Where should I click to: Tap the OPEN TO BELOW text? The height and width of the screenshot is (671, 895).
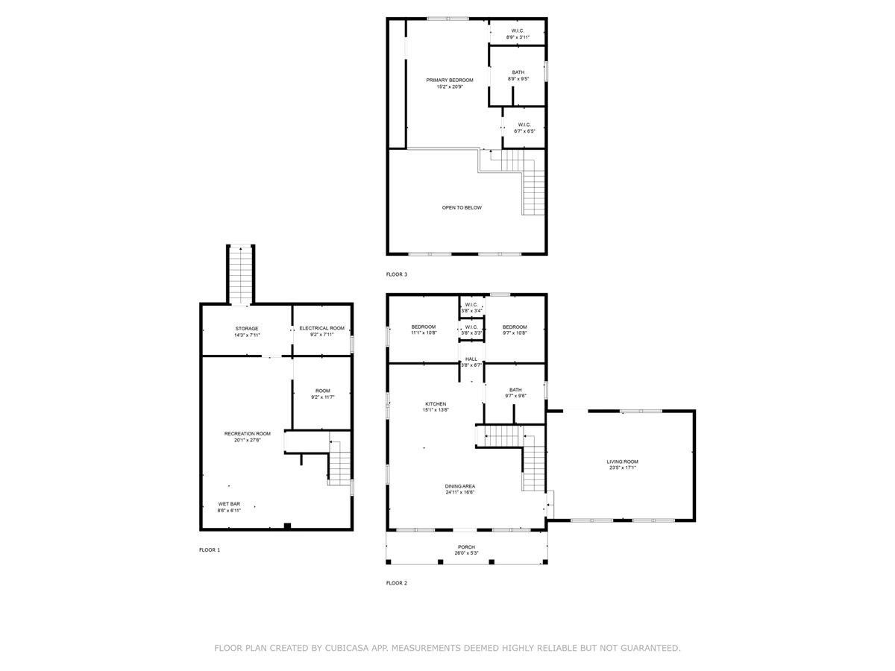coord(462,207)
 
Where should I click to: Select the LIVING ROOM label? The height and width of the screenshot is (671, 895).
coord(622,461)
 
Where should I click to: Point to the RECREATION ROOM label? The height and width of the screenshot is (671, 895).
coord(248,433)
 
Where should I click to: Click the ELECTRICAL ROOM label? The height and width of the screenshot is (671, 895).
coord(321,328)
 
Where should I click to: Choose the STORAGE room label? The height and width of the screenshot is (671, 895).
coord(247,328)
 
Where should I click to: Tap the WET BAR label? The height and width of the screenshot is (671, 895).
coord(229,504)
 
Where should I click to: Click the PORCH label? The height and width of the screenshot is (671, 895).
coord(466,546)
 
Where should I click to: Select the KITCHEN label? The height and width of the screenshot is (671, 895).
coord(436,404)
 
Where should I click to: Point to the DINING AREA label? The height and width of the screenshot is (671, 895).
coord(460,486)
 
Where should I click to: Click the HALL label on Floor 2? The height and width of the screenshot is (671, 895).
coord(471,359)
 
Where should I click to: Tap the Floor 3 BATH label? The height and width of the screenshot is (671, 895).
coord(518,72)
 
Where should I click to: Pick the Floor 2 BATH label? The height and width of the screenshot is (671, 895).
coord(515,389)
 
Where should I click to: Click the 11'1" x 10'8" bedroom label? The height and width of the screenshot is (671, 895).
coord(424,327)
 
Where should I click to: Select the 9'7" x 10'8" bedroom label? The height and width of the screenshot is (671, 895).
coord(515,327)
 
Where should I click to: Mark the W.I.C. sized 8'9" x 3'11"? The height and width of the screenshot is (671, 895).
coord(518,31)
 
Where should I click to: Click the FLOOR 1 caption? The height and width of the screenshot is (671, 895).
coord(210,549)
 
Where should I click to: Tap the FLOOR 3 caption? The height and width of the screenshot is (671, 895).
coord(397,274)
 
